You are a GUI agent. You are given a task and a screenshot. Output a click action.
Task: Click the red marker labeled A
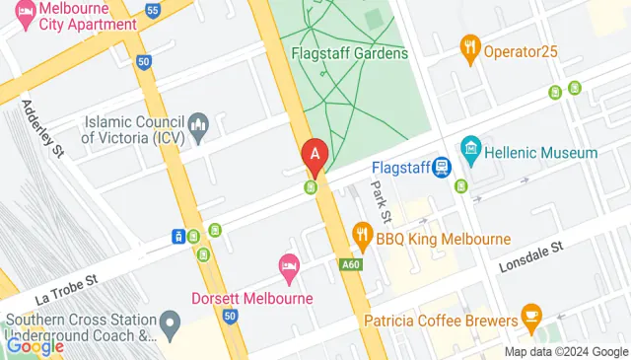tap(315, 155)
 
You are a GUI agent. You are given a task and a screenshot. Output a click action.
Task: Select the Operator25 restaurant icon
tap(470, 45)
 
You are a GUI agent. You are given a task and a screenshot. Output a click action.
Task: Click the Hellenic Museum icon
tap(470, 153)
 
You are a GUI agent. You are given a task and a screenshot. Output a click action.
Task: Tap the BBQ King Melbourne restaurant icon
tap(362, 235)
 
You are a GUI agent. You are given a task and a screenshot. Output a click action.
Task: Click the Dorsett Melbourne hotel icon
tap(288, 265)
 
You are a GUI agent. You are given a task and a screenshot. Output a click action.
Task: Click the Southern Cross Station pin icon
tap(171, 323)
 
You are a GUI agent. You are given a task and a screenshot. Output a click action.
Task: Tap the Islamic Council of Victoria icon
tap(198, 124)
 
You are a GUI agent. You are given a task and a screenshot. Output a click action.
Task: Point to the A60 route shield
tap(350, 264)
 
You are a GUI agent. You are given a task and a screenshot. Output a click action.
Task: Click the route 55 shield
tap(152, 10)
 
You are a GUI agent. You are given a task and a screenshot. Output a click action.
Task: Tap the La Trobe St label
tap(69, 282)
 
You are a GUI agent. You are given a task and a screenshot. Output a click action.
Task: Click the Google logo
tap(35, 345)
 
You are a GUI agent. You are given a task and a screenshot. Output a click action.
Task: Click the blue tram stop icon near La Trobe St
tap(178, 236)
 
